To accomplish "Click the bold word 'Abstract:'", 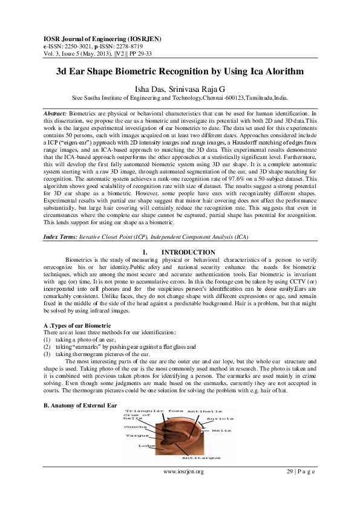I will tap(56, 113).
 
